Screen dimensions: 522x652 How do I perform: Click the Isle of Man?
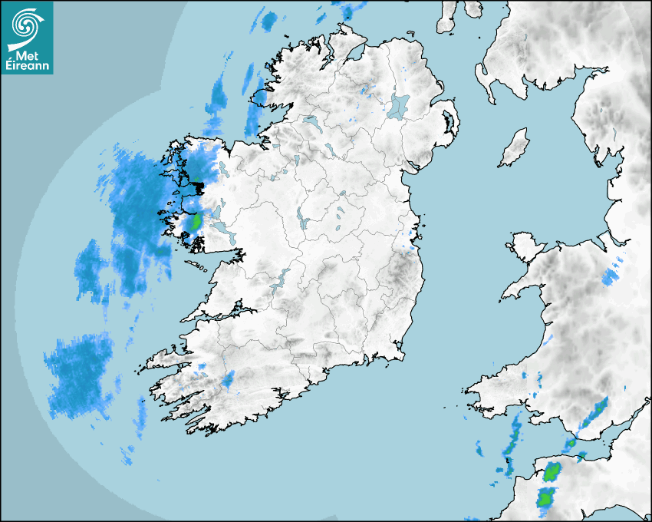(515, 147)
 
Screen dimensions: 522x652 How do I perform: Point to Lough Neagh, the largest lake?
(400, 105)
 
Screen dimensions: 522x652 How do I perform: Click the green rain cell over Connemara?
(196, 222)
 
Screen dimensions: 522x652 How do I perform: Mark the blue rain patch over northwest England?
(612, 276)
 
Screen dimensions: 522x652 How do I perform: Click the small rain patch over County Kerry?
(228, 378)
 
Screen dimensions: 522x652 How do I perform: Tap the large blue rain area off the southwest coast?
(77, 376)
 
